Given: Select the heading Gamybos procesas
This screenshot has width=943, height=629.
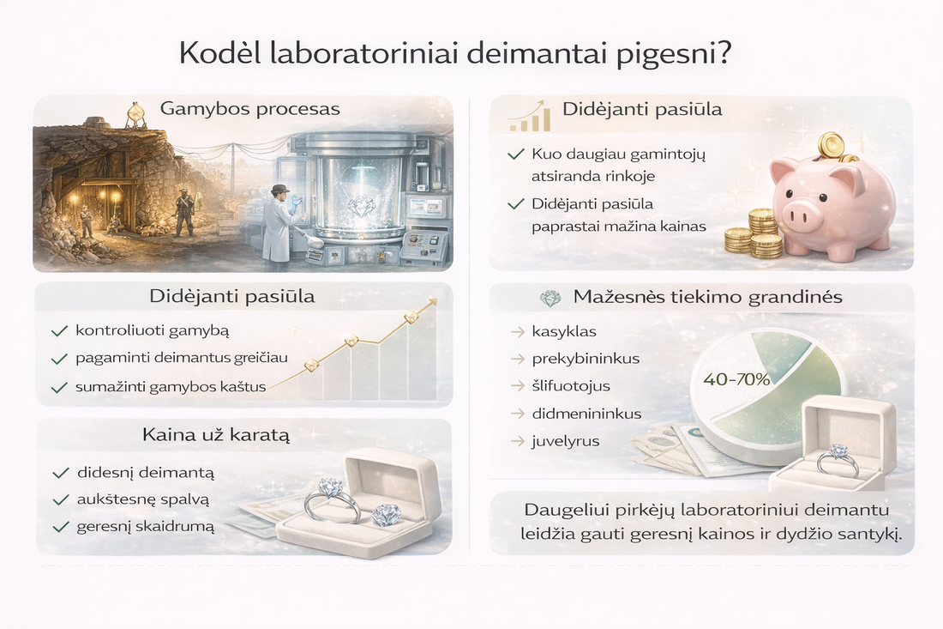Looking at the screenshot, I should click(249, 109).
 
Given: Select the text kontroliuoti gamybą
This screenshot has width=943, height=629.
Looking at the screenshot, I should click(152, 330).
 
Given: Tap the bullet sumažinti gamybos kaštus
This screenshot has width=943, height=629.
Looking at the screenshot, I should click(171, 387).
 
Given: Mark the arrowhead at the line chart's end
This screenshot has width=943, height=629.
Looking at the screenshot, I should click(433, 301).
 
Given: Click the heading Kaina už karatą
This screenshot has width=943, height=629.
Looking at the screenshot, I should click(216, 435).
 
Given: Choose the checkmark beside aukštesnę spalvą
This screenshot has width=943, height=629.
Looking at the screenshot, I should click(60, 499).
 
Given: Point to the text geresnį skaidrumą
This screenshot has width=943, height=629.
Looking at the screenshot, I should click(145, 526).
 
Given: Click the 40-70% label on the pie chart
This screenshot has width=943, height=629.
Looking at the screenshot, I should click(736, 378).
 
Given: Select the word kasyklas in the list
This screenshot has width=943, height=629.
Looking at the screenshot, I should click(564, 331).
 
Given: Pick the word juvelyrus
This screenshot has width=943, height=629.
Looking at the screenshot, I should click(566, 441).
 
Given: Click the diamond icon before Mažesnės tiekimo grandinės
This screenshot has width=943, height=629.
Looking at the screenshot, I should click(550, 298).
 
